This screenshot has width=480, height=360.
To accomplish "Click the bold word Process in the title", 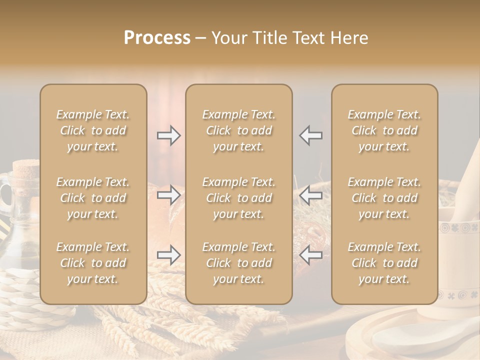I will pyautogui.click(x=157, y=38).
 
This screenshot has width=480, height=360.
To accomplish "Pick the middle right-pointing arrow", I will pyautogui.click(x=169, y=195).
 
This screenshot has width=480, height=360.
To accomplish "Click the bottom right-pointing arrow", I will pyautogui.click(x=169, y=255).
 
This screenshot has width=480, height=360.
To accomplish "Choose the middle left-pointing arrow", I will pyautogui.click(x=311, y=195).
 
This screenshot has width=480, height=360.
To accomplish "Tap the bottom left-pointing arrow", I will pyautogui.click(x=311, y=255).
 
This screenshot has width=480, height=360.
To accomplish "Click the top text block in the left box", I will pyautogui.click(x=93, y=130).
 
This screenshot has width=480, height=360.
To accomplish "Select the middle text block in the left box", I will pyautogui.click(x=93, y=198).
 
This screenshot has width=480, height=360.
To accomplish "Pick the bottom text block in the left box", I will pyautogui.click(x=93, y=263).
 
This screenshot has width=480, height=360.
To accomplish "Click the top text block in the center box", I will pyautogui.click(x=238, y=130).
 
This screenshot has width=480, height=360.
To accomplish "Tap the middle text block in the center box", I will pyautogui.click(x=238, y=198).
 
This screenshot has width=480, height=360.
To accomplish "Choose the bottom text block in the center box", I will pyautogui.click(x=238, y=263).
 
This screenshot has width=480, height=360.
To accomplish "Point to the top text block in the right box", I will pyautogui.click(x=384, y=130).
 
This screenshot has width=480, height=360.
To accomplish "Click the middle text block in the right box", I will pyautogui.click(x=384, y=198).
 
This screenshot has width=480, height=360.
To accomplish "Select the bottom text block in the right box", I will pyautogui.click(x=384, y=263).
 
